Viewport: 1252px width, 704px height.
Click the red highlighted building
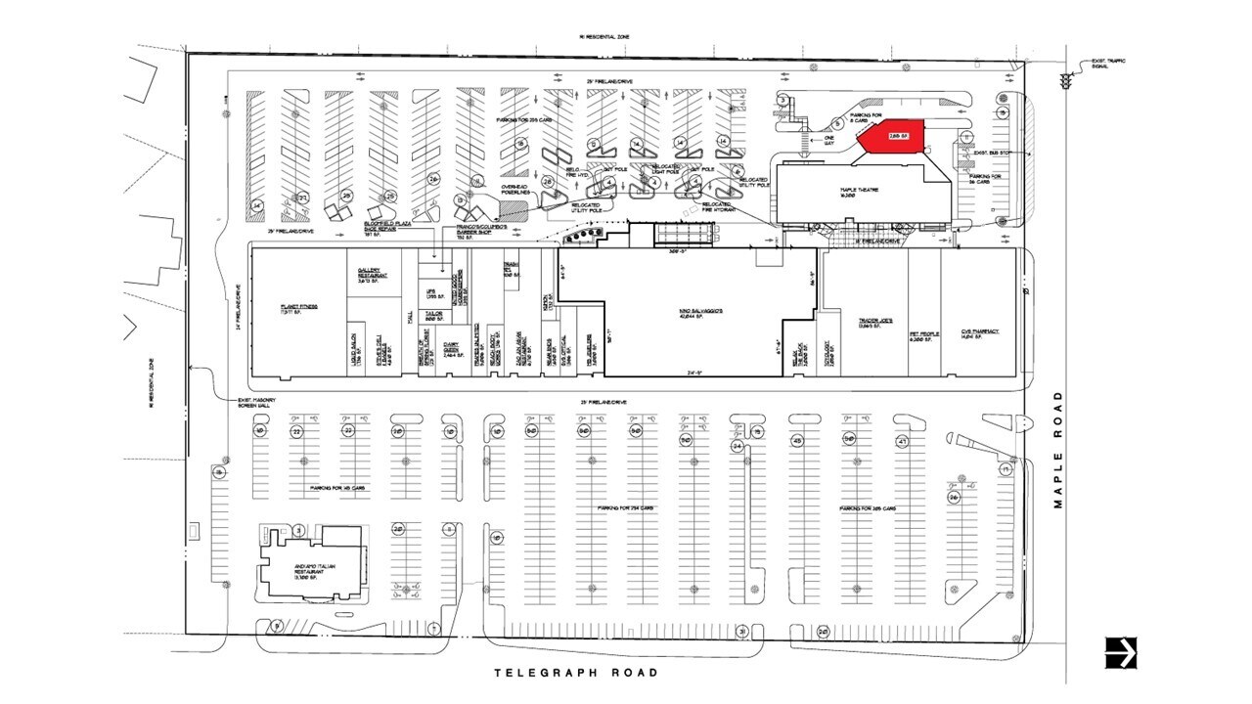(891, 138)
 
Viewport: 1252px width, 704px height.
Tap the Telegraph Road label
(576, 673)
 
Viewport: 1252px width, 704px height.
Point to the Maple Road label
(1057, 449)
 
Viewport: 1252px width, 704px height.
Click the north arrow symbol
(1121, 652)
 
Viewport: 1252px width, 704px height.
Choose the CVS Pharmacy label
(980, 332)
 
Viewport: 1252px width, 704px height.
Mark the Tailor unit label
(434, 314)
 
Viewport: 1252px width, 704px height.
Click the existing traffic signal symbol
(1066, 83)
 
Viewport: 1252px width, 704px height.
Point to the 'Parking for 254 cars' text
(630, 508)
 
